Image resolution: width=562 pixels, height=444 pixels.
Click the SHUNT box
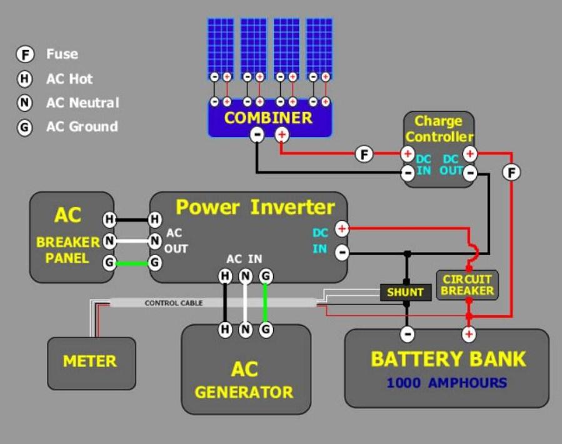pyautogui.click(x=405, y=292)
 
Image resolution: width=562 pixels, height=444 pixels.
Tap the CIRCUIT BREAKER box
pyautogui.click(x=467, y=285)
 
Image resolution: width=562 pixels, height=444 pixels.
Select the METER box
pyautogui.click(x=91, y=363)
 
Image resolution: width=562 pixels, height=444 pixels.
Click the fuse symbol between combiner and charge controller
pyautogui.click(x=364, y=154)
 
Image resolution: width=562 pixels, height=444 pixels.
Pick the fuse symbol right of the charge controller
pyautogui.click(x=511, y=172)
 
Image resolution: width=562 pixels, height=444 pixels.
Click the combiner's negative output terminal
pyautogui.click(x=257, y=135)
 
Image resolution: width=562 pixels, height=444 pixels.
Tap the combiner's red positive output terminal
pyautogui.click(x=282, y=135)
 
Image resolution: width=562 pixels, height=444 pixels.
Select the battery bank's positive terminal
pyautogui.click(x=468, y=335)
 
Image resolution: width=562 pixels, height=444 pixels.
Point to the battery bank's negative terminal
pyautogui.click(x=407, y=335)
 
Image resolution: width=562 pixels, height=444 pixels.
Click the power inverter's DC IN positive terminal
pyautogui.click(x=342, y=229)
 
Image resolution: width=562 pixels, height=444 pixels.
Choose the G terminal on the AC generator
pyautogui.click(x=266, y=329)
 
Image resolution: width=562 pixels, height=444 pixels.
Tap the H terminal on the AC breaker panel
pyautogui.click(x=109, y=219)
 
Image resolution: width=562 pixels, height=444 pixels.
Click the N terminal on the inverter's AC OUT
pyautogui.click(x=155, y=241)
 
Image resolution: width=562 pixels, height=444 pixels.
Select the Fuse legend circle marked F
pyautogui.click(x=25, y=54)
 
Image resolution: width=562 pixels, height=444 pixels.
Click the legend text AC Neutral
pyautogui.click(x=83, y=103)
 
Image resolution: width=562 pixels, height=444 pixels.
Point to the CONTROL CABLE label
pyautogui.click(x=174, y=303)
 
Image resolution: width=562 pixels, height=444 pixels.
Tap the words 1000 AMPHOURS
pyautogui.click(x=447, y=383)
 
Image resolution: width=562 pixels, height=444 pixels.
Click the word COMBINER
pyautogui.click(x=268, y=118)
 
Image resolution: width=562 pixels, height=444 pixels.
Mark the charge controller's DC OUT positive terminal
pyautogui.click(x=469, y=154)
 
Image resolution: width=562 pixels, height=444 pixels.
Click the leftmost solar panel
pyautogui.click(x=221, y=48)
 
